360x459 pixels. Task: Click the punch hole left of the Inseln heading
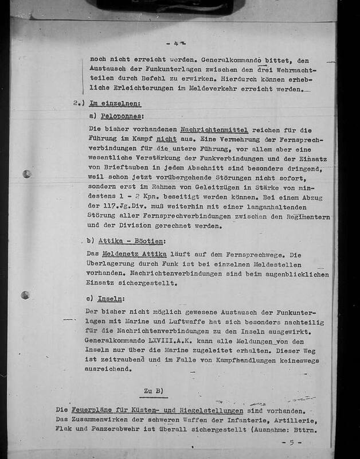click(24, 296)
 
